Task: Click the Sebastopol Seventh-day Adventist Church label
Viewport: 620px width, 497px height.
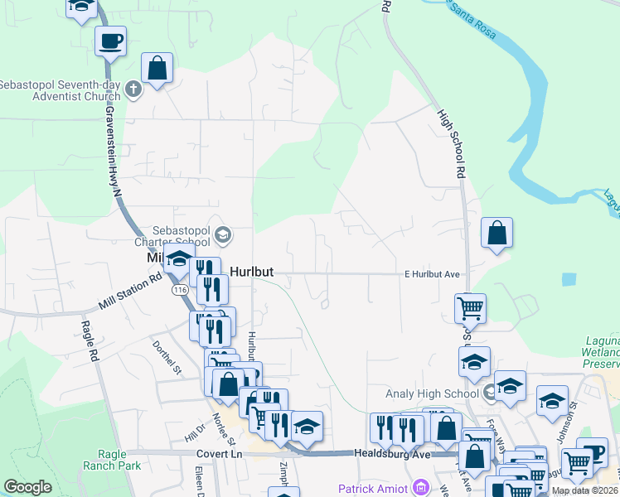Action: (61, 90)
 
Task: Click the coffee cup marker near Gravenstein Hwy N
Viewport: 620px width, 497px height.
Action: (110, 40)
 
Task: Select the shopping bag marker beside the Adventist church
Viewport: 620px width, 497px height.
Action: (157, 69)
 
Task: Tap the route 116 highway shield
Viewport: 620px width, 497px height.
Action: (181, 291)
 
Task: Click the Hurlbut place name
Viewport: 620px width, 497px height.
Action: (252, 271)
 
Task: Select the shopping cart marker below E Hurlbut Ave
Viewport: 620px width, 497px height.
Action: (470, 307)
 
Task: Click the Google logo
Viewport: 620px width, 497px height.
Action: (27, 487)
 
